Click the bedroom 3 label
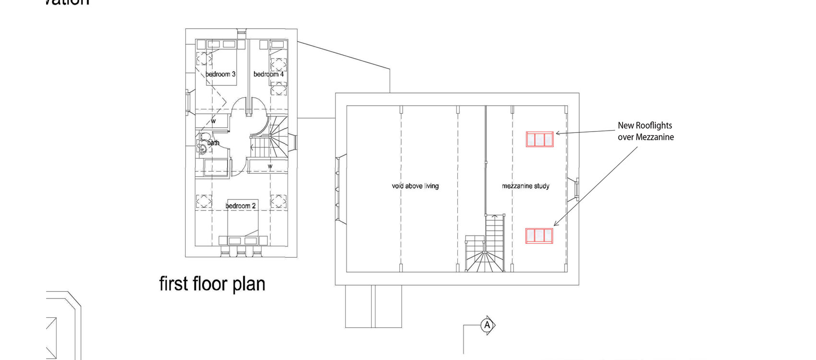click(x=220, y=74)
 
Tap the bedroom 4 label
click(x=268, y=74)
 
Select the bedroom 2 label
click(x=240, y=206)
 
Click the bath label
click(x=213, y=143)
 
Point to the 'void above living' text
click(x=415, y=186)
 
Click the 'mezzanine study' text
click(x=526, y=186)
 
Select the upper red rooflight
click(x=540, y=139)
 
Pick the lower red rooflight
click(x=539, y=236)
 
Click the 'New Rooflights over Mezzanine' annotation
click(x=646, y=131)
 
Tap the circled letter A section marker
click(x=487, y=325)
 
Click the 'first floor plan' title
click(x=212, y=284)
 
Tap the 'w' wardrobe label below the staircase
click(x=270, y=166)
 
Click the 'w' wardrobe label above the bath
click(x=213, y=121)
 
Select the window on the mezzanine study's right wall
click(x=576, y=189)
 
